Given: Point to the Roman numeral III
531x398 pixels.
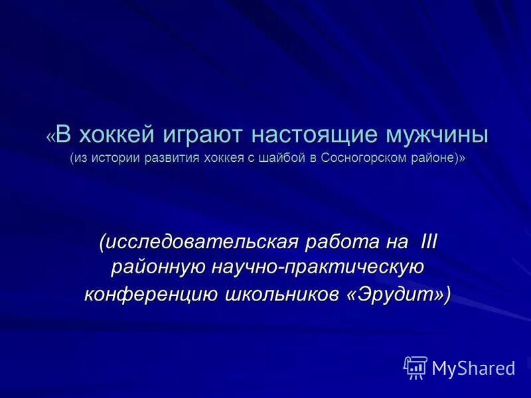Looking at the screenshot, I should point(429,242).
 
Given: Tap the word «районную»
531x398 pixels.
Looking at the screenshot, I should point(157,268).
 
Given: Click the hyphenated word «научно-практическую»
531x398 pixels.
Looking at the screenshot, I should point(318,268).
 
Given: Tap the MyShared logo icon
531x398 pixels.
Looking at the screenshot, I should point(416,367).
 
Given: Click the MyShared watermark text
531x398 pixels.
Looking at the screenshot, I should point(473,367).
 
